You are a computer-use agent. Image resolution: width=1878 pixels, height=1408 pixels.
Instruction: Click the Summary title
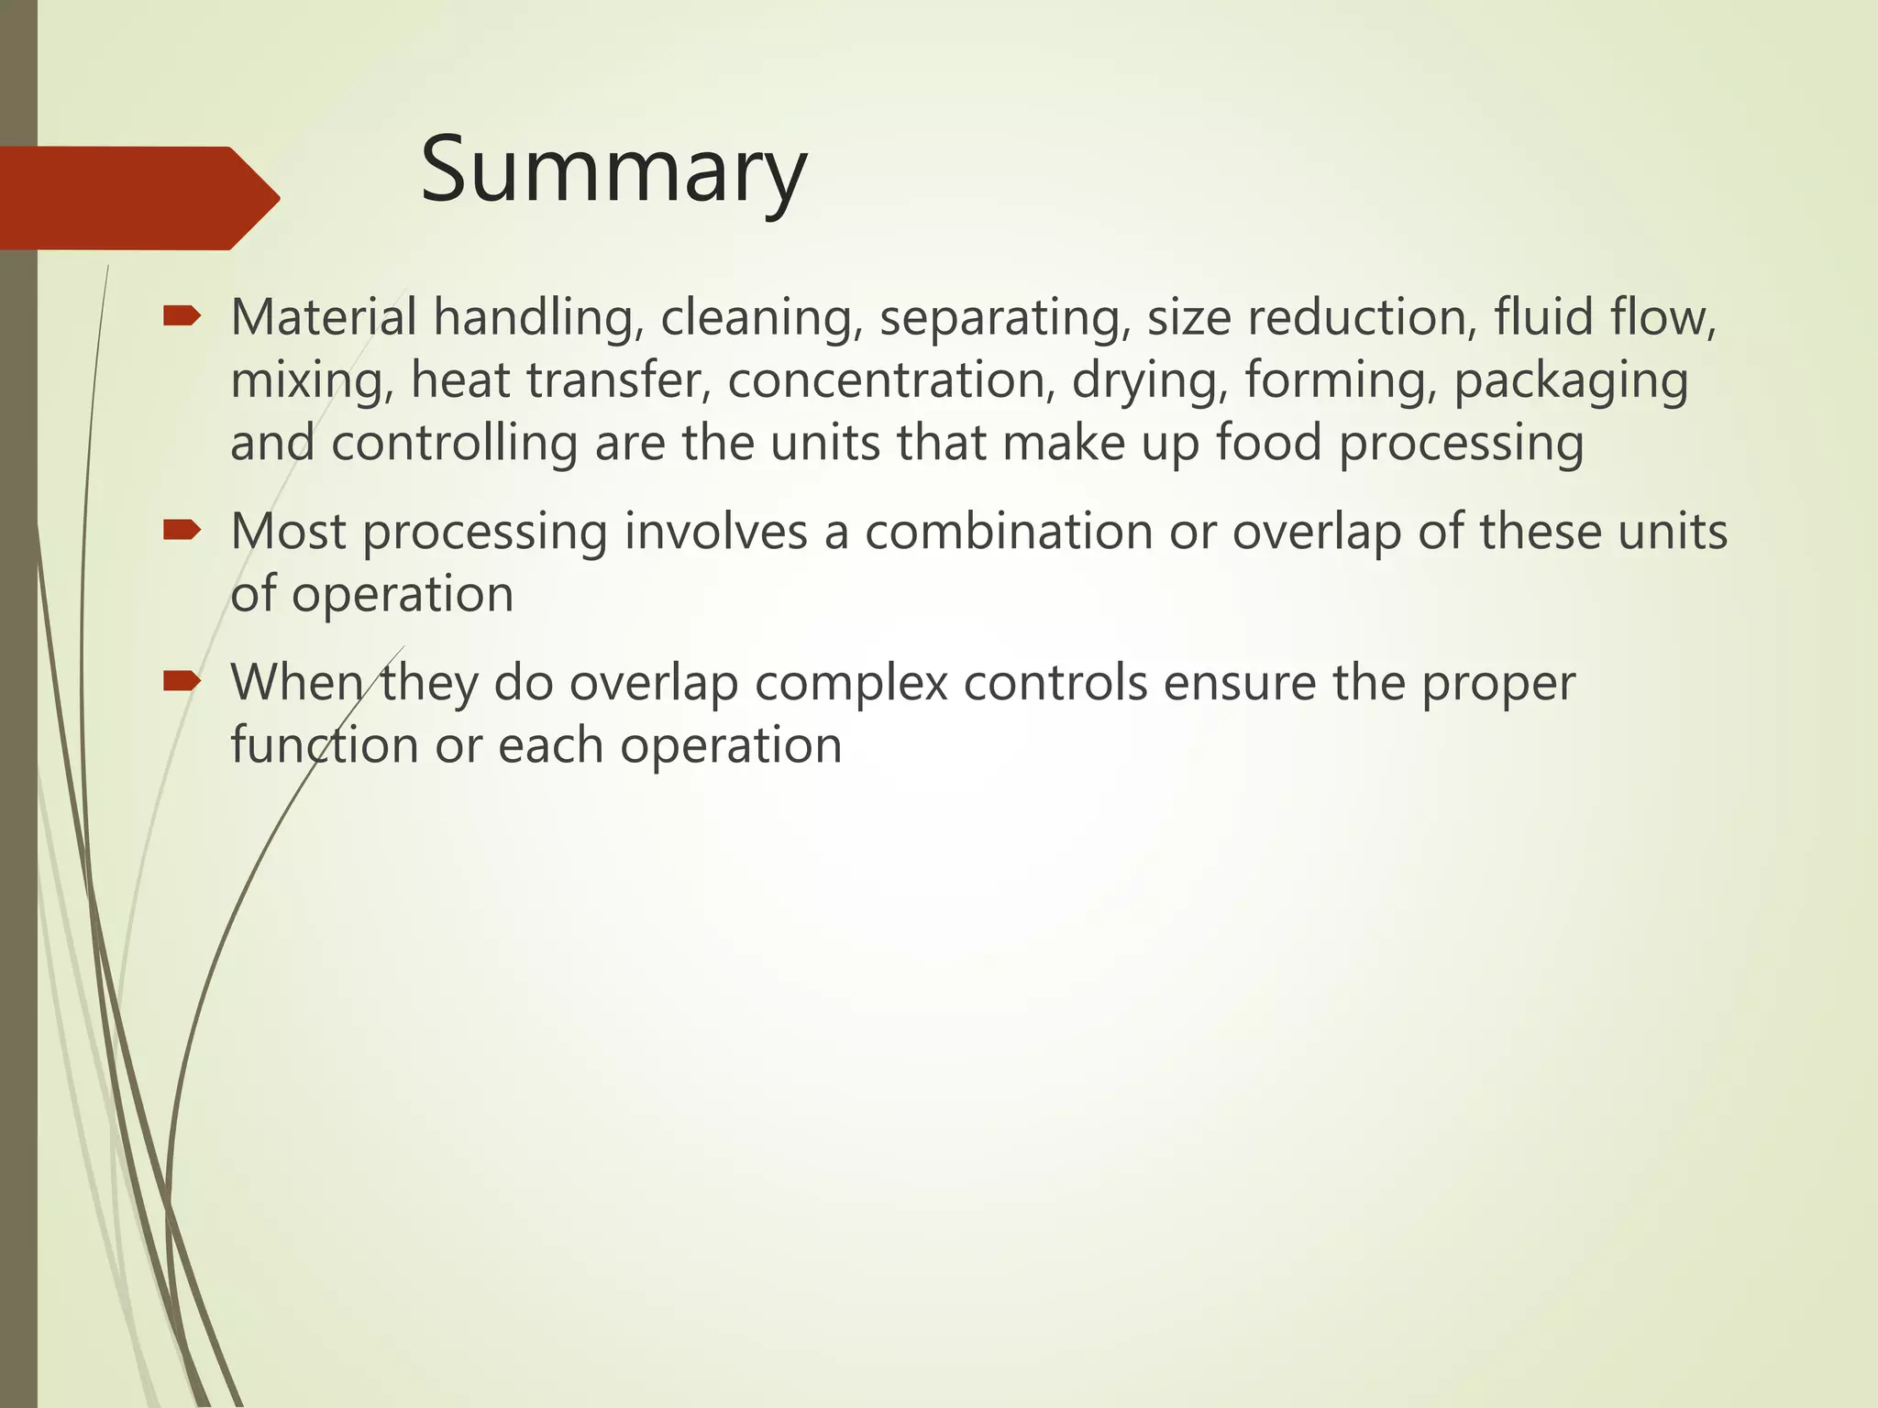tap(613, 172)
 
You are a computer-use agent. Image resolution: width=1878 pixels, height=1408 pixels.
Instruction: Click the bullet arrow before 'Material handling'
tap(181, 317)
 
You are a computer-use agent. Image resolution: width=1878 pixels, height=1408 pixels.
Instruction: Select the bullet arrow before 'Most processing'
tap(181, 531)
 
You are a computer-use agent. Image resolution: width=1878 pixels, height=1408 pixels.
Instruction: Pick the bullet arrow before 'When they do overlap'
tap(181, 681)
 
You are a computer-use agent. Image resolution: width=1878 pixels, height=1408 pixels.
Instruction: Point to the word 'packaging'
tap(1571, 382)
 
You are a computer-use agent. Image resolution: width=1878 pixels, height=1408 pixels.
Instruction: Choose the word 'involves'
tap(715, 532)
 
